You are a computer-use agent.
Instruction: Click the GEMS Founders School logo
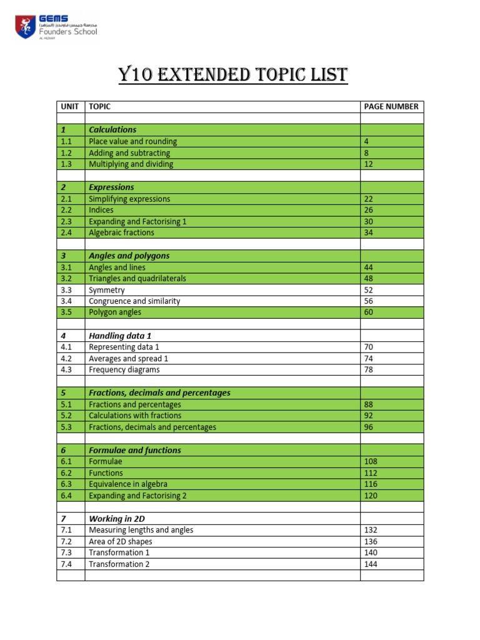coord(56,27)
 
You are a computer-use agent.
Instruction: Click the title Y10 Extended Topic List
coord(233,76)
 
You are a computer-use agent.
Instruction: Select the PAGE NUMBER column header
coord(391,107)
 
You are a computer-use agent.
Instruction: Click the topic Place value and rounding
coord(132,141)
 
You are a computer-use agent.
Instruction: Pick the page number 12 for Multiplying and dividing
coord(369,164)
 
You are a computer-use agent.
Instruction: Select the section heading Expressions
coord(111,187)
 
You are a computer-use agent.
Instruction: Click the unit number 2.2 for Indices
coord(67,210)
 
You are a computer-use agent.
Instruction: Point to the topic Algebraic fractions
coord(121,232)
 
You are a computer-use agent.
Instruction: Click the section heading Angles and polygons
coord(129,256)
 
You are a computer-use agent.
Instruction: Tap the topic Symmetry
coord(107,290)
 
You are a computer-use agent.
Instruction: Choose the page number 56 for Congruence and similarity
coord(369,301)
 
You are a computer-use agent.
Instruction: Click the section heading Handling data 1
coord(120,336)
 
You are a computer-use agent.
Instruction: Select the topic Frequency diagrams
coord(124,369)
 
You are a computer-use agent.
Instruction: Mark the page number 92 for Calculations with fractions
coord(369,416)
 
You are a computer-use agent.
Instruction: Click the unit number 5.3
coord(67,427)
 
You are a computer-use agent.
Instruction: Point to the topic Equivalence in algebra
coord(128,484)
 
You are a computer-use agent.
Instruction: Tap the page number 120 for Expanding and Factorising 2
coord(371,496)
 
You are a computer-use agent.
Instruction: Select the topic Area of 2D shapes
coord(120,541)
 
